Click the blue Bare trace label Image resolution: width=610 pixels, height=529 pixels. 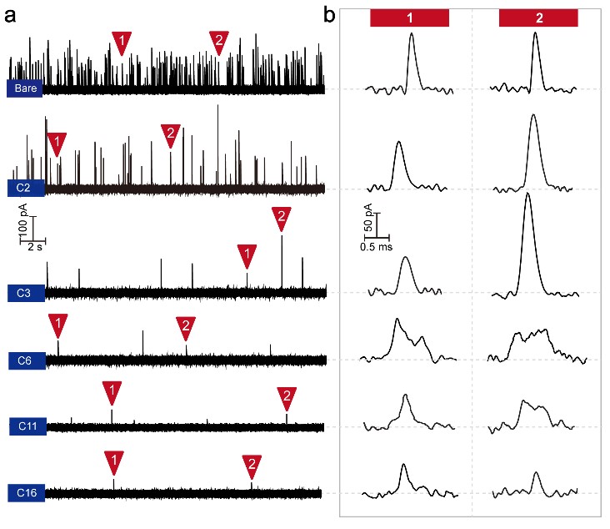24,88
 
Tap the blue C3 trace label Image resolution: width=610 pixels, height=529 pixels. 24,293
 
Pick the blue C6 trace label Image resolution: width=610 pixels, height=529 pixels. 24,360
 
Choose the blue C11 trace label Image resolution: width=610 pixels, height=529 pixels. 27,426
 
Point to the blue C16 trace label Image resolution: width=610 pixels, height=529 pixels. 27,492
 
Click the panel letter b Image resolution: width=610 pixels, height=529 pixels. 330,14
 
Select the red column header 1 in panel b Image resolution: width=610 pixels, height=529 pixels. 409,18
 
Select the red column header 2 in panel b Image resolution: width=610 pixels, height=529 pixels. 538,18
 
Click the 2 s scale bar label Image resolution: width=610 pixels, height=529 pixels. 35,248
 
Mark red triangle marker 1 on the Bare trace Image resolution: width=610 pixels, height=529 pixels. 122,42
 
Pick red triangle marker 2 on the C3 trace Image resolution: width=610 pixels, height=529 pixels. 281,219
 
